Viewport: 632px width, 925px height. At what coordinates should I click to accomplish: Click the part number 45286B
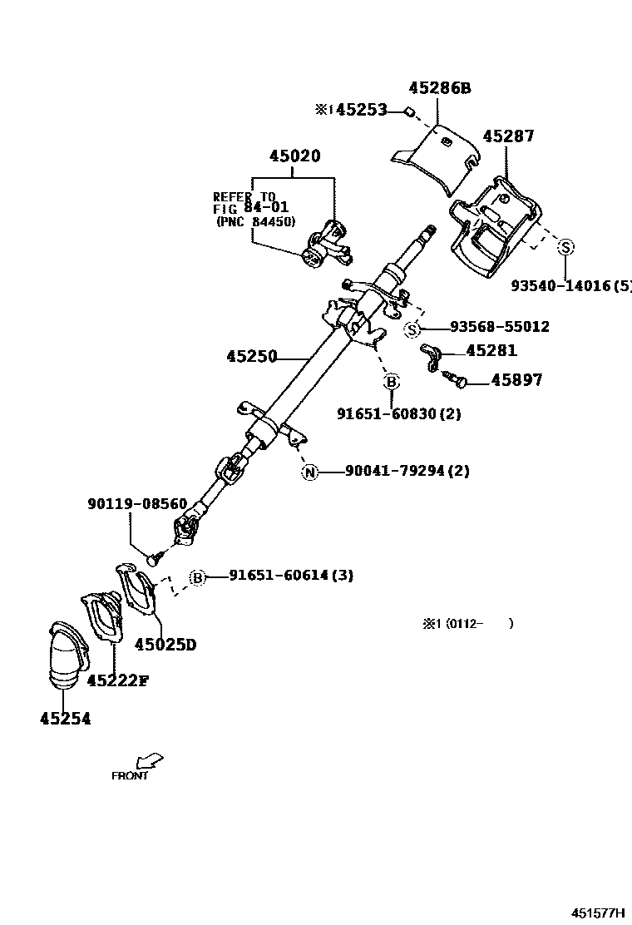pos(439,88)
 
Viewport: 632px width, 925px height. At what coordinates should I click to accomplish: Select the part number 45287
pos(508,136)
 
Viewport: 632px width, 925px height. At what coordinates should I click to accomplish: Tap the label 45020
pos(294,156)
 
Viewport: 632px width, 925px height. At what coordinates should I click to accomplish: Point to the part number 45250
pos(251,357)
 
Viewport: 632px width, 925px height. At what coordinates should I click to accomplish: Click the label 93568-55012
pos(500,327)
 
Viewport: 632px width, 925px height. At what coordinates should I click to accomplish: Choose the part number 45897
pos(516,380)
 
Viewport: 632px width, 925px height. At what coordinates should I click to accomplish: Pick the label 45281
pos(491,351)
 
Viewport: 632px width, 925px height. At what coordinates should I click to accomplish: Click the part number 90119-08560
pos(137,504)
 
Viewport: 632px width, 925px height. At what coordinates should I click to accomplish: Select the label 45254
pos(65,719)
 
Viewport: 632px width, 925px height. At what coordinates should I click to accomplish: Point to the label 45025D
pos(165,644)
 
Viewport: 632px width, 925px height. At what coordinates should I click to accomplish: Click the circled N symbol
pos(309,472)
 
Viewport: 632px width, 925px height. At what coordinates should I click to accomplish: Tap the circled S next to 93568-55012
pos(412,330)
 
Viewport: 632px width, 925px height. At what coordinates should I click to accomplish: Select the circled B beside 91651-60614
pos(198,577)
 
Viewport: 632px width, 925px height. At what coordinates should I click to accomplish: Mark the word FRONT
pos(130,776)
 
